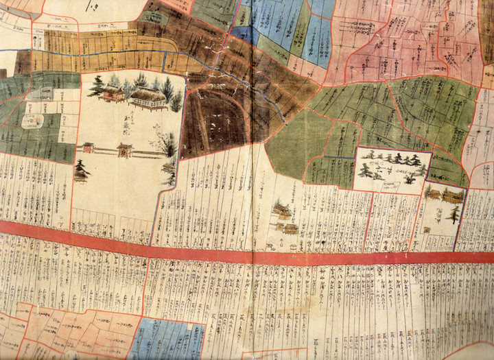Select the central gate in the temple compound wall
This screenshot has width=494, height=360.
click(x=125, y=149)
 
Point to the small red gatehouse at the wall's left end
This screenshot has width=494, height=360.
click(x=88, y=147)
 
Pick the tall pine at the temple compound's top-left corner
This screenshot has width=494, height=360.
click(x=96, y=85)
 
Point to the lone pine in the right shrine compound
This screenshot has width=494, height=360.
click(x=454, y=214)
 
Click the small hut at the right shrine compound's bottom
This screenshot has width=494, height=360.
click(x=427, y=230)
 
